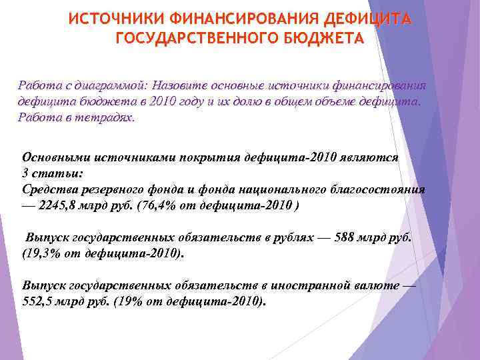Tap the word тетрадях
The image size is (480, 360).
[109, 117]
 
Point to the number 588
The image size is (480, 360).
[347, 238]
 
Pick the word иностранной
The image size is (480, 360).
[313, 285]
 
